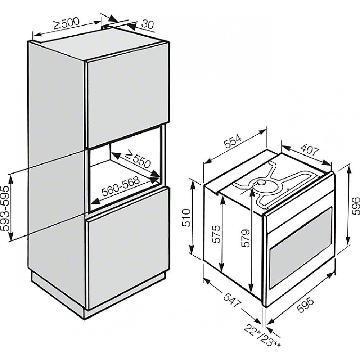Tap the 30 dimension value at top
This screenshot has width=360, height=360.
coord(147,24)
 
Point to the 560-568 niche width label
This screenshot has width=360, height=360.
coord(121,186)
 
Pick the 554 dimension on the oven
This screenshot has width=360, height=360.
coord(233,142)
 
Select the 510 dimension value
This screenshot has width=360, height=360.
coord(186,218)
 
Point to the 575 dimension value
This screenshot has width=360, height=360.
coord(216,234)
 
